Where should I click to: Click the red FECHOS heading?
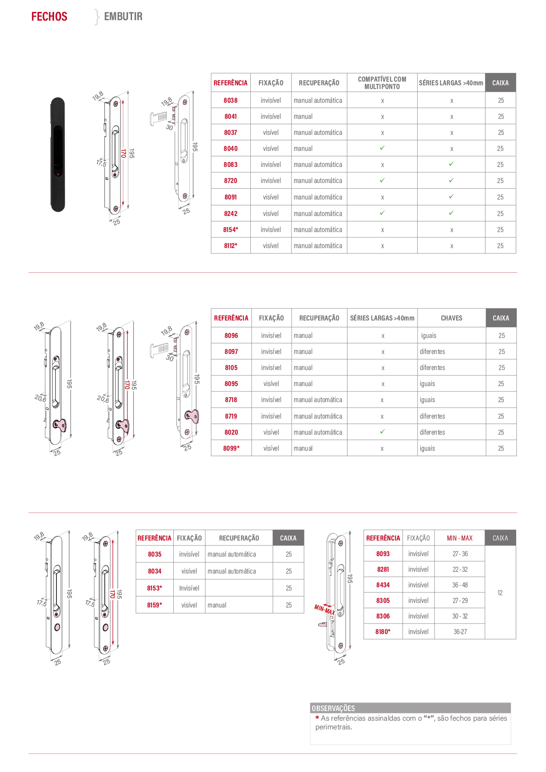click(x=50, y=17)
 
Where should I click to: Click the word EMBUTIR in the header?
click(x=123, y=17)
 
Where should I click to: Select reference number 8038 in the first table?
click(x=231, y=100)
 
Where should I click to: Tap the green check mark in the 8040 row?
click(x=382, y=148)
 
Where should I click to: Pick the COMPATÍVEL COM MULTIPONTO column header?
click(x=382, y=83)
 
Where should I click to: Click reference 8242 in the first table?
click(x=231, y=213)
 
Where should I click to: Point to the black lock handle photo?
click(x=58, y=154)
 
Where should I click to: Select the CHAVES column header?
click(x=452, y=318)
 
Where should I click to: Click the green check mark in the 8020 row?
click(x=382, y=431)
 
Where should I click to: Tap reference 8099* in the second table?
click(x=232, y=448)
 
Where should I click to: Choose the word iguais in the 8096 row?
click(x=429, y=336)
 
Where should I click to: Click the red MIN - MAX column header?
click(x=459, y=538)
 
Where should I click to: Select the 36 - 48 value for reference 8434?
click(x=460, y=585)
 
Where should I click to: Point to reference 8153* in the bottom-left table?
click(x=154, y=588)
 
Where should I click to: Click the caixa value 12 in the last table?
click(x=500, y=592)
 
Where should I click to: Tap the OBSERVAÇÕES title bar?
click(x=410, y=708)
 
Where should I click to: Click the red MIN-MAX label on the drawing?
click(x=325, y=609)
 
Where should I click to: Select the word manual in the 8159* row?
click(x=217, y=605)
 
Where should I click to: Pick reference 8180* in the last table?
click(x=383, y=631)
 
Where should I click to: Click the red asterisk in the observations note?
click(x=317, y=717)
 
